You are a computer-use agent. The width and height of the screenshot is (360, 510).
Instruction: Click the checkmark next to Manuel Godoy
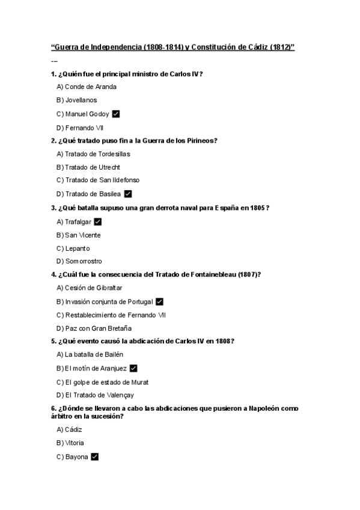(x=116, y=114)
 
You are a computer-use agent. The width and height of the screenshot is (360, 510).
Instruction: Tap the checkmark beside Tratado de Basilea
(x=127, y=194)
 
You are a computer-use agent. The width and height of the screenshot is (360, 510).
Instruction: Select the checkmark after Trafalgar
(x=98, y=222)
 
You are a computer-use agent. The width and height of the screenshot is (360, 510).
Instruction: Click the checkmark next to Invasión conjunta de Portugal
(x=159, y=301)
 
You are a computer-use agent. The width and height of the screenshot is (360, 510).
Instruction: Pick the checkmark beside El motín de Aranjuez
(x=133, y=368)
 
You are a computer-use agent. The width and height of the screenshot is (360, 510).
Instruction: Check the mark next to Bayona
(x=94, y=457)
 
